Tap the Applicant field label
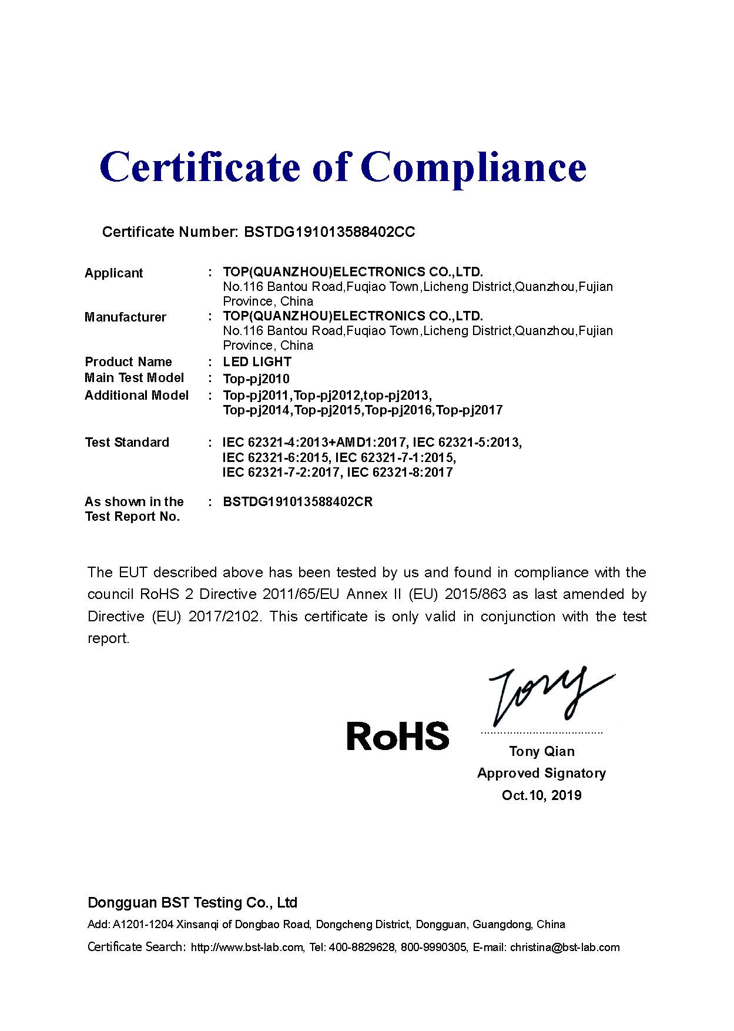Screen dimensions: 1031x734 tap(113, 273)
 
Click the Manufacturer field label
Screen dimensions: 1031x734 tap(125, 317)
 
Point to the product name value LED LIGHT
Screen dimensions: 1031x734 tap(257, 362)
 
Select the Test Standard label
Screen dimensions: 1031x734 tap(127, 443)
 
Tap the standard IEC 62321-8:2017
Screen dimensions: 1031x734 tap(400, 473)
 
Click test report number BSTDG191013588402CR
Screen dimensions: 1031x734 tap(298, 502)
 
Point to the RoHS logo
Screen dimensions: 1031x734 tap(398, 735)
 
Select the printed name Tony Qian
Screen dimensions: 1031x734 tap(542, 751)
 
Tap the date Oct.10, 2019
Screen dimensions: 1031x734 tap(542, 795)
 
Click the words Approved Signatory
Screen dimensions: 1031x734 tap(542, 774)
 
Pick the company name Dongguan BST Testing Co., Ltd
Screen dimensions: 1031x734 tap(193, 902)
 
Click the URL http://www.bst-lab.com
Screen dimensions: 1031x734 tap(247, 947)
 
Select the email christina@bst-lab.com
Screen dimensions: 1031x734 tap(565, 947)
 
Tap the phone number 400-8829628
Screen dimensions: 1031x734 tap(362, 947)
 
